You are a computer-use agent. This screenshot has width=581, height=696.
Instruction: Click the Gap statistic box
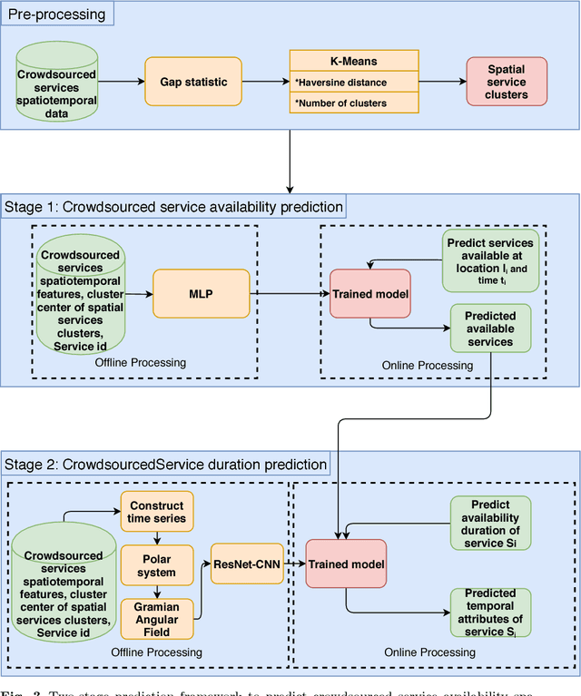pyautogui.click(x=193, y=83)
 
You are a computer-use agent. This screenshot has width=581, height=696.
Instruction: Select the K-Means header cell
pyautogui.click(x=353, y=62)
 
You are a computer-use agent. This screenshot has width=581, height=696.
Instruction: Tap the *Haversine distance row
pyautogui.click(x=353, y=83)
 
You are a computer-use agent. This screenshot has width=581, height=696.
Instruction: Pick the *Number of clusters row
pyautogui.click(x=353, y=103)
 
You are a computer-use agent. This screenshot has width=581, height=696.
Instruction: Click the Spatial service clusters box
pyautogui.click(x=506, y=82)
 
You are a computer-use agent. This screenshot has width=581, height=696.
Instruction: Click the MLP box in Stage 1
pyautogui.click(x=200, y=294)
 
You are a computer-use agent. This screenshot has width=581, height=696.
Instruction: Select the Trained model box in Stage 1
pyautogui.click(x=370, y=294)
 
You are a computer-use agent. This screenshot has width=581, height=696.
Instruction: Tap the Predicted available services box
pyautogui.click(x=490, y=328)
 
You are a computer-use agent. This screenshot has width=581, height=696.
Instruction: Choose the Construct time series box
pyautogui.click(x=156, y=512)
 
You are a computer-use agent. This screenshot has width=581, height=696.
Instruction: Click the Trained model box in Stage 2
pyautogui.click(x=346, y=564)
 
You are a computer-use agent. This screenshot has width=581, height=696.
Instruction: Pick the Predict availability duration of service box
pyautogui.click(x=490, y=524)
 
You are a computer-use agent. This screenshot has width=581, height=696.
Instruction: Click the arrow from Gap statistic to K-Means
pyautogui.click(x=265, y=83)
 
